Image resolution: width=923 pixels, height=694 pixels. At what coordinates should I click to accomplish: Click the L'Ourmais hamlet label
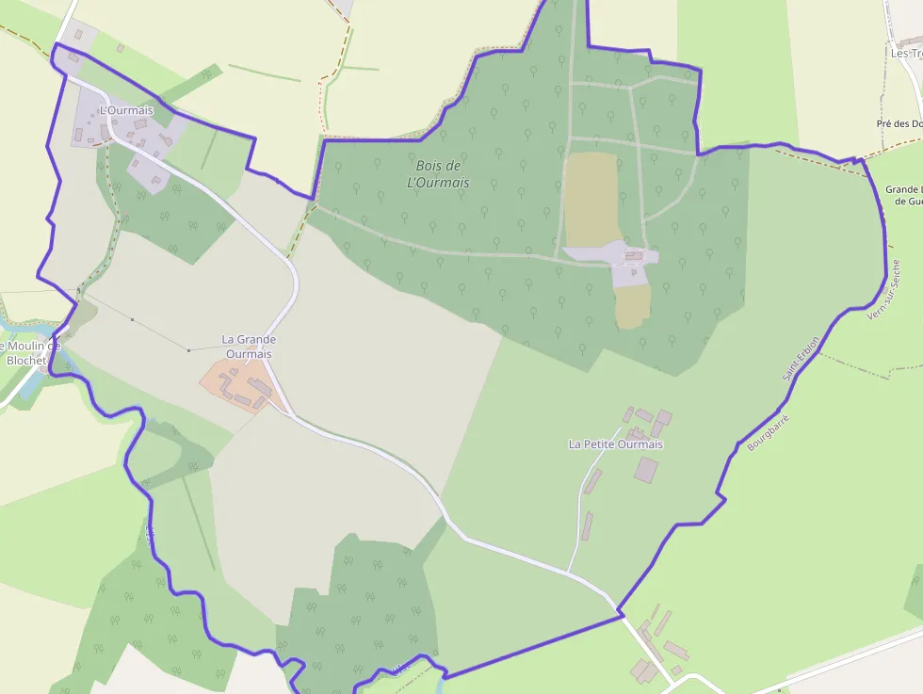[125, 111]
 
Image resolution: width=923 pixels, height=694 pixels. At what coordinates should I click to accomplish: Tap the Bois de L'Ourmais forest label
[438, 174]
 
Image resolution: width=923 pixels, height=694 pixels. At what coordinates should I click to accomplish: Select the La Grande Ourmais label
[249, 346]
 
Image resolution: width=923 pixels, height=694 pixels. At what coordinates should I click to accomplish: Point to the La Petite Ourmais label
[616, 444]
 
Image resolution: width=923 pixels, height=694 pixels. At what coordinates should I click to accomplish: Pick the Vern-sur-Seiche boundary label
[883, 290]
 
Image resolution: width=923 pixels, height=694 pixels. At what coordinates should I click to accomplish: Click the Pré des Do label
[899, 123]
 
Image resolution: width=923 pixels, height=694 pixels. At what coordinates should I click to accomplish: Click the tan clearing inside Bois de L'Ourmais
[591, 198]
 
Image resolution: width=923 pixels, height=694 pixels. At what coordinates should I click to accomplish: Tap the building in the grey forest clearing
[634, 255]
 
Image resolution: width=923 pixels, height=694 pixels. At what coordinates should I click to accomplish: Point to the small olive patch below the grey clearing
[633, 307]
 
